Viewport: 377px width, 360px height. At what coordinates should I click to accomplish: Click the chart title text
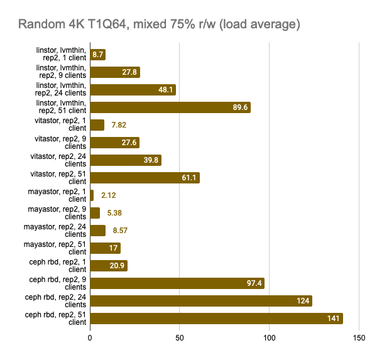tap(158, 25)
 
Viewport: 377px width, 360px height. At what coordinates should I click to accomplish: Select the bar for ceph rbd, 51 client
tap(216, 319)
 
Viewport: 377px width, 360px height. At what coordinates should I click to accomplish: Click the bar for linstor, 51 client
tap(170, 107)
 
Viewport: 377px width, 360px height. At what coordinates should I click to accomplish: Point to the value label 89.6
tap(241, 107)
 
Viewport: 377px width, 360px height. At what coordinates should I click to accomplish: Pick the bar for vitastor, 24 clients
tap(126, 160)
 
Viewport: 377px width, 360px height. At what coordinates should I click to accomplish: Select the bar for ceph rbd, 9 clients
tap(177, 283)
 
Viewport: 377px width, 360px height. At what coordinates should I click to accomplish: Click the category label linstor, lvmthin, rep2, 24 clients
tap(61, 90)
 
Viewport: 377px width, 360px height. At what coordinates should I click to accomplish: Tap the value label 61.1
tap(190, 178)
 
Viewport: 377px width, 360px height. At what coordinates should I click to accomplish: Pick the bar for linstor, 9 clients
tap(115, 72)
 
